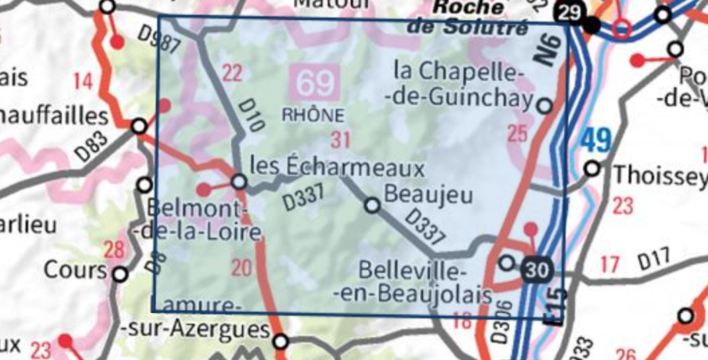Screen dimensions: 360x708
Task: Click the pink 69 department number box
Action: (315, 83)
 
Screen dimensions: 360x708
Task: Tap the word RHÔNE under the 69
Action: (314, 115)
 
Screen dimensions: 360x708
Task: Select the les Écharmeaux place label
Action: (337, 167)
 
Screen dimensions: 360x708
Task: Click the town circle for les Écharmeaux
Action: (238, 182)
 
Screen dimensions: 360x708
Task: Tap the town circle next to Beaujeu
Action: (372, 206)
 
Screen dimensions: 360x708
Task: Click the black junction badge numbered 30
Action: (537, 270)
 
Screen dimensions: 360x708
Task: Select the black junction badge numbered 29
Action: (568, 12)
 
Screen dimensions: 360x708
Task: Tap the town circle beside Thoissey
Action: (592, 168)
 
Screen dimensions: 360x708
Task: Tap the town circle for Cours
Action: (120, 274)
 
